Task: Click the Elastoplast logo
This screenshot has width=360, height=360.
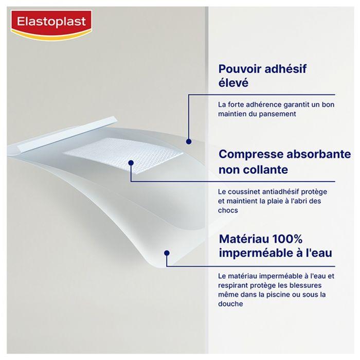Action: coord(50,24)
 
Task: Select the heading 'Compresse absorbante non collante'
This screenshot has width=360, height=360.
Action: coord(278,161)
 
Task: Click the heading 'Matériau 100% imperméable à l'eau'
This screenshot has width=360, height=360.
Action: coord(275,246)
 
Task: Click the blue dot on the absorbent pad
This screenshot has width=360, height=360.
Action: coord(131,163)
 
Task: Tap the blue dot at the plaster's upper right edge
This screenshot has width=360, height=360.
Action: coord(189,141)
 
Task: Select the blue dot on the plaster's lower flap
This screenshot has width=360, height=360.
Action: coord(167,253)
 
